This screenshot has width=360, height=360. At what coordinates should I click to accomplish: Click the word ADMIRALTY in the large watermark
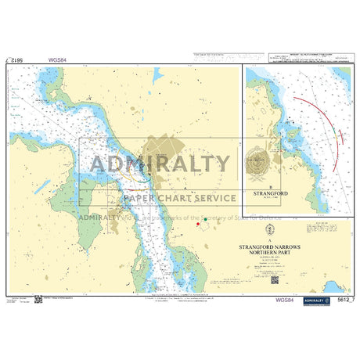click(x=162, y=164)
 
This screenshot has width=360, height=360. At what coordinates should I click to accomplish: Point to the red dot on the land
click(x=199, y=225)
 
